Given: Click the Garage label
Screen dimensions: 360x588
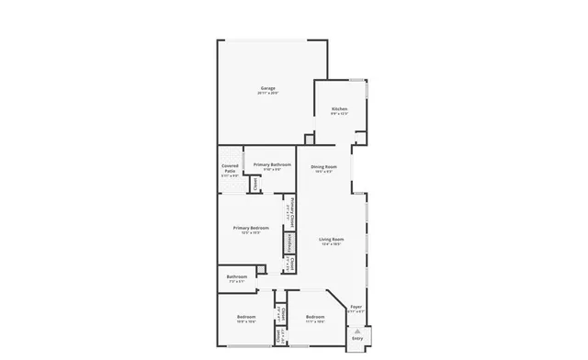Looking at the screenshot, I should (266, 88).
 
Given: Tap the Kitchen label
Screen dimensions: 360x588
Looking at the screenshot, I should (339, 109).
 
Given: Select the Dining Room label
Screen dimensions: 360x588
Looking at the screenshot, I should (323, 166).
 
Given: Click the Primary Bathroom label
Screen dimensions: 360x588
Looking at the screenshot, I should (272, 164).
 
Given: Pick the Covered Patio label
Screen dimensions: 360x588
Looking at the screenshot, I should (231, 168).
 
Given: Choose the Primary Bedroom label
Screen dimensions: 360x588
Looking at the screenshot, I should (251, 228).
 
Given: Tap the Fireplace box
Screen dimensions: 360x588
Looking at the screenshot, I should (289, 243).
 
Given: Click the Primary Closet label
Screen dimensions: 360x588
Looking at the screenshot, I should (292, 212).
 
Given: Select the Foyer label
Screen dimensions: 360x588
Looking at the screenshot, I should (356, 308).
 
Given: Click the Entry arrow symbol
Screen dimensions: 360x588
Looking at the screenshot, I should (357, 328).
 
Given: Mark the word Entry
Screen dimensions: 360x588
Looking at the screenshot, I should (357, 339).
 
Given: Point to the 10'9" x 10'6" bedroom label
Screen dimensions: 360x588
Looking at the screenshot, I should (246, 321).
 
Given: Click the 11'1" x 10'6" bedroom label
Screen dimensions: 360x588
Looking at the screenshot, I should (315, 321).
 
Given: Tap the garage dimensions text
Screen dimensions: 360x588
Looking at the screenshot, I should (266, 94).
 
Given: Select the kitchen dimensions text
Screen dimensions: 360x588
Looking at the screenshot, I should (339, 115).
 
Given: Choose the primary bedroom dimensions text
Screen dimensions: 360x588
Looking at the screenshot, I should (251, 233).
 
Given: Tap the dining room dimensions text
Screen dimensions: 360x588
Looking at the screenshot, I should (323, 172).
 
